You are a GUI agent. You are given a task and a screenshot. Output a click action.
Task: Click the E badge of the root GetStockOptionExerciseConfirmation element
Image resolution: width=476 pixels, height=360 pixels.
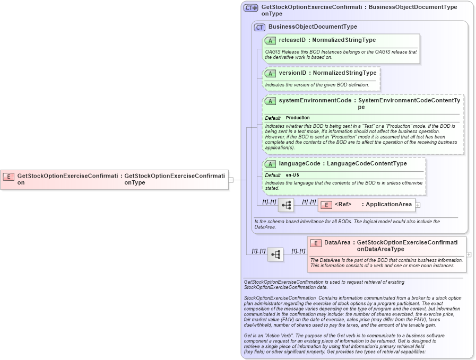8,176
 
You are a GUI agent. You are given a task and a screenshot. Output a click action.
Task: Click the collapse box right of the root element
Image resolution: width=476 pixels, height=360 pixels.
231,180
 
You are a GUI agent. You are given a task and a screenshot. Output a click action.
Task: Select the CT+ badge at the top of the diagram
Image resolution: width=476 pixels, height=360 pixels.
250,8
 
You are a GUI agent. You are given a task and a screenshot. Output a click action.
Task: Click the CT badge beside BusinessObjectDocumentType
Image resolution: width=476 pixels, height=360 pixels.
259,27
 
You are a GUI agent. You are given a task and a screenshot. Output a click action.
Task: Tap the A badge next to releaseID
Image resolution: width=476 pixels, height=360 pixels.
270,40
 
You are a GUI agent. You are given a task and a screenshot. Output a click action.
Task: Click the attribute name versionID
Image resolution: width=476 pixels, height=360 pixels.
294,73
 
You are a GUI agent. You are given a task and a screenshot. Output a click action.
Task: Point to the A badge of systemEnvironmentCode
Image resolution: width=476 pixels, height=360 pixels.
270,101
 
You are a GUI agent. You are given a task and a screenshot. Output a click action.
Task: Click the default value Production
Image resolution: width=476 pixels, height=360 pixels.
298,118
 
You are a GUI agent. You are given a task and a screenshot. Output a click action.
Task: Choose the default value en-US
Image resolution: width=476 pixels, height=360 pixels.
292,175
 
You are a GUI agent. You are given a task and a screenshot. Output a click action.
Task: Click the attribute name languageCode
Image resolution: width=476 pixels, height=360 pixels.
299,164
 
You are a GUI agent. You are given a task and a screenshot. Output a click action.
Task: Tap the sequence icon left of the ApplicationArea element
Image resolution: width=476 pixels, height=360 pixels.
286,205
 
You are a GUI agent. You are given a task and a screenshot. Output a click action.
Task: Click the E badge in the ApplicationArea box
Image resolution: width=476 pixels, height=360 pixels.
327,205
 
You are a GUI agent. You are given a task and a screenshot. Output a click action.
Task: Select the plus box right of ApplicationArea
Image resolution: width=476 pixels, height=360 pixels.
418,205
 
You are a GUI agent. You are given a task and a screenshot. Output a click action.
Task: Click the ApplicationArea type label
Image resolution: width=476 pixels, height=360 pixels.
388,205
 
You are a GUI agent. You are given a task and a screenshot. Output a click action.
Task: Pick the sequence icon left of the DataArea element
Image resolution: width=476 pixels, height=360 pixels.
275,254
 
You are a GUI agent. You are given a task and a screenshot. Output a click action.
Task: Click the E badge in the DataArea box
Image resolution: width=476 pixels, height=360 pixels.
316,243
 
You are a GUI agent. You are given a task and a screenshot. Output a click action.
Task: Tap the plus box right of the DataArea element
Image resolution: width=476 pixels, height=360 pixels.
469,254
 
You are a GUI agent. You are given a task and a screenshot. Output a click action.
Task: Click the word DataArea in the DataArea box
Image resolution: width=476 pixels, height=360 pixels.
337,243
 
